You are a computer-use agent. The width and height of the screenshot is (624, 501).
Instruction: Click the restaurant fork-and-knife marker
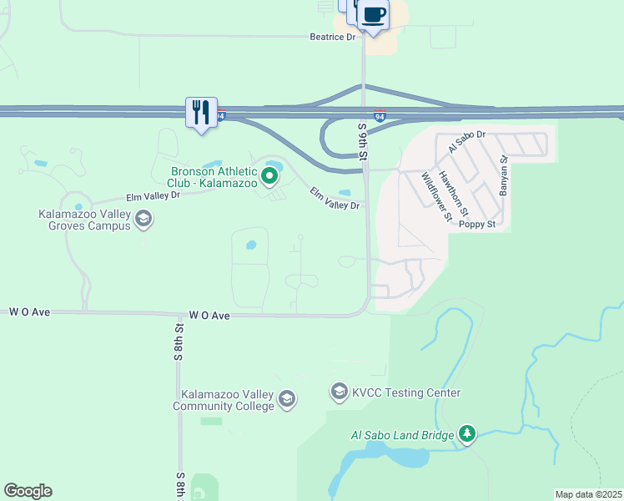point(201,113)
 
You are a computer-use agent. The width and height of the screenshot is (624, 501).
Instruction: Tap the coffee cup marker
point(375,15)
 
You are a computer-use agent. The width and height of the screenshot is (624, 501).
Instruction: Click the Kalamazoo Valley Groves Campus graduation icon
point(143,220)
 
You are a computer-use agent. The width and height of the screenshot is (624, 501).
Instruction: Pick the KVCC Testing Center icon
point(340,392)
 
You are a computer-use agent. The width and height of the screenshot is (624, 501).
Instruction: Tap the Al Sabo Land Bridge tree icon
point(468,434)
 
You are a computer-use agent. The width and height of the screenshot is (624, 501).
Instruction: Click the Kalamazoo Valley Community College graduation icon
point(287,399)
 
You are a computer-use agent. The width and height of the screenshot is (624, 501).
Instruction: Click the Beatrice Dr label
point(332,37)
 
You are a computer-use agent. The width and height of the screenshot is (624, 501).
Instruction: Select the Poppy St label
point(478,225)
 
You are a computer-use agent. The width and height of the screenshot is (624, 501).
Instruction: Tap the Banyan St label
point(503,176)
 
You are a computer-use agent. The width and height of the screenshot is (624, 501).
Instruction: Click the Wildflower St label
point(436,196)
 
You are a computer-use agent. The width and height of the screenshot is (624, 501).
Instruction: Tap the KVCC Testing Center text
point(406,392)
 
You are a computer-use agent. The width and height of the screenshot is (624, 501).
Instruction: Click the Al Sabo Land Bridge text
point(402,435)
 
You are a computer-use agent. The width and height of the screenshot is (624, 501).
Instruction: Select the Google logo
point(28,491)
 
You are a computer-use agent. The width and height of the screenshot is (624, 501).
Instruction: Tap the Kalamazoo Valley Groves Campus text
point(84,220)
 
